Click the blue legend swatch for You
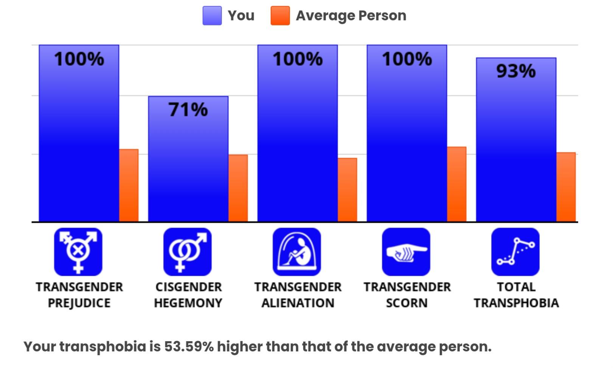click(x=212, y=16)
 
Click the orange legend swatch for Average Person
click(x=280, y=16)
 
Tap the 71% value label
click(x=188, y=110)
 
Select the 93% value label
click(x=516, y=71)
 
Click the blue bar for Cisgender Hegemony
click(x=188, y=159)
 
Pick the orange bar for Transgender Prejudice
click(x=129, y=185)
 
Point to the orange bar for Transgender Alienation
click(x=347, y=189)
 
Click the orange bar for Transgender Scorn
click(x=457, y=184)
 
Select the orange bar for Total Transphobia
click(x=566, y=187)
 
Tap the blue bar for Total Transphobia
click(x=516, y=140)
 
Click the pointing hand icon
click(x=406, y=252)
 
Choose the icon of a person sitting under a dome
click(x=297, y=252)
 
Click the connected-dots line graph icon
click(x=515, y=252)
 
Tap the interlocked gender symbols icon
click(x=188, y=252)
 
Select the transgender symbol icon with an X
click(x=78, y=252)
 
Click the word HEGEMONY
click(x=188, y=303)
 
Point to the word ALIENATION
click(x=298, y=303)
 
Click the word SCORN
click(x=407, y=303)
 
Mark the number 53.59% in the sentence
click(x=189, y=346)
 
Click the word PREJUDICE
click(x=79, y=303)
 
